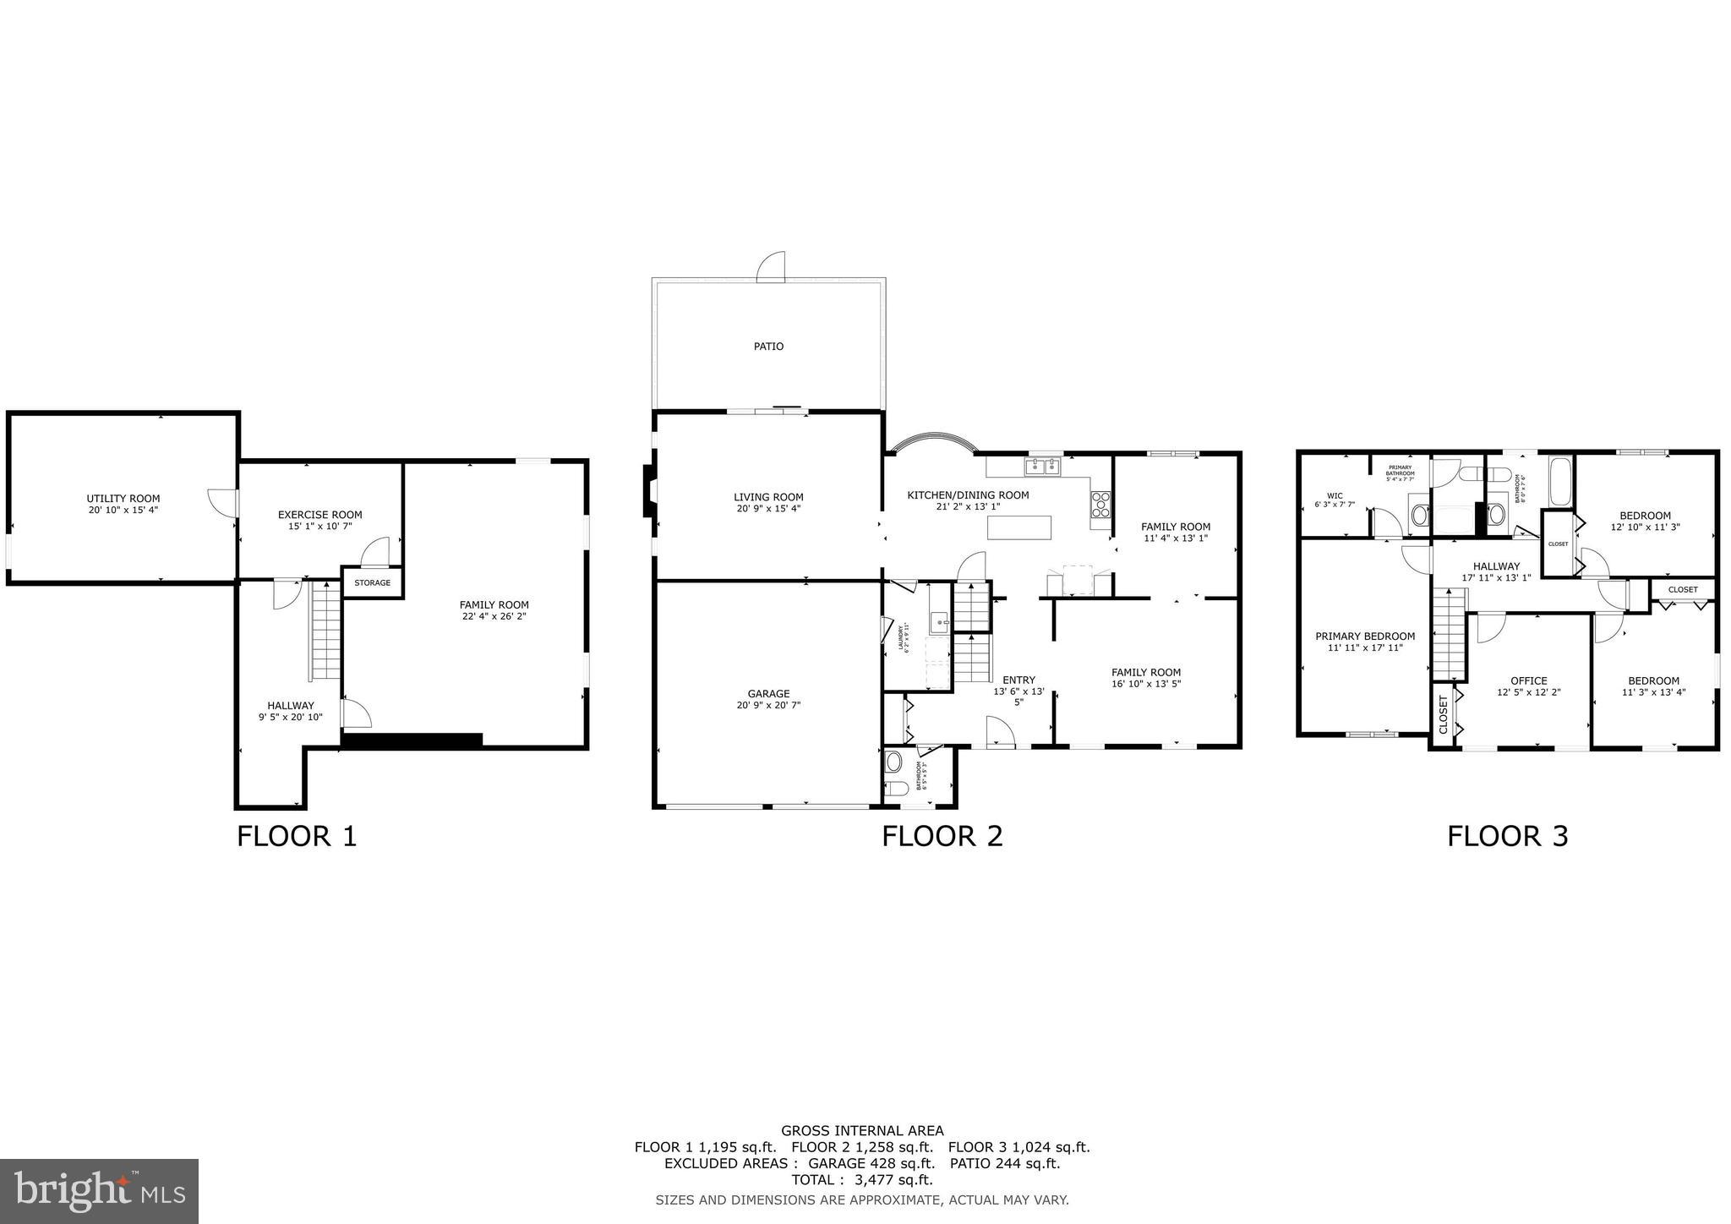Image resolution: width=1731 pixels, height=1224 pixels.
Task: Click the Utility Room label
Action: tap(123, 499)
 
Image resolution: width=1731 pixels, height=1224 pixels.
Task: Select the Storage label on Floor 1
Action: tap(372, 583)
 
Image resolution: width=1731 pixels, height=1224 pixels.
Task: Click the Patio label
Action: tap(768, 347)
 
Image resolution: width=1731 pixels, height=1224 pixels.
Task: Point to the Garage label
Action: tap(768, 694)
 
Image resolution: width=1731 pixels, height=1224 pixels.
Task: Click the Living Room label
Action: tap(768, 497)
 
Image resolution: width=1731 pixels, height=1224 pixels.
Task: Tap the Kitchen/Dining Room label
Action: tap(968, 495)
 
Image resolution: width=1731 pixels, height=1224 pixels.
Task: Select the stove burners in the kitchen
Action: tap(1100, 505)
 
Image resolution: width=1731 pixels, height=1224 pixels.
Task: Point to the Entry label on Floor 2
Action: tap(1018, 680)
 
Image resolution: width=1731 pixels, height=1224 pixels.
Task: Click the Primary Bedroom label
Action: tap(1364, 637)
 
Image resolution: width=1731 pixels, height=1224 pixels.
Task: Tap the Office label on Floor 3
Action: tap(1528, 680)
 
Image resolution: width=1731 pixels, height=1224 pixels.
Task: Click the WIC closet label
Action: tap(1335, 496)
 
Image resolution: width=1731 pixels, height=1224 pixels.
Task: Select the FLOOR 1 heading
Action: tap(297, 837)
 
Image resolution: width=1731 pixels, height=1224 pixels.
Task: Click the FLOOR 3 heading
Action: tap(1507, 837)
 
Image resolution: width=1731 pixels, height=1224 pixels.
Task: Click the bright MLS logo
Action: tap(99, 1191)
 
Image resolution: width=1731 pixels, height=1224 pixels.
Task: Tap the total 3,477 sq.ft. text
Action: tap(861, 1180)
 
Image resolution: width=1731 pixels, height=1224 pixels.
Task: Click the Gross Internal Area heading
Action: tap(861, 1131)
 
